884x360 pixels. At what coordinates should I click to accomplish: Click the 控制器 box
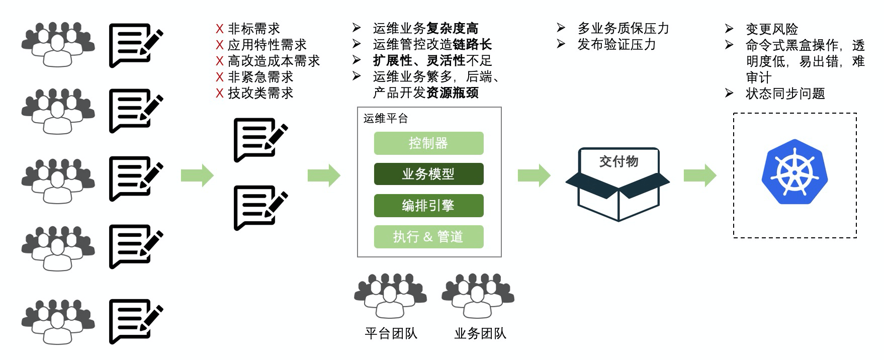coord(428,143)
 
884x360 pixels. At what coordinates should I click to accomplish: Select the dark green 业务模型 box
coord(428,174)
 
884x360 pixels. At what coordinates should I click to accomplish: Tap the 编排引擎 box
coord(428,206)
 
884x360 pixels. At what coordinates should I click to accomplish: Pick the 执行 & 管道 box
coord(428,237)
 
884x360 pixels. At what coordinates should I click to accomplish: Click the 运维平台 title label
coord(386,119)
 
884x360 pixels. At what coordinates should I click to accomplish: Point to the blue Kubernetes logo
coord(794,172)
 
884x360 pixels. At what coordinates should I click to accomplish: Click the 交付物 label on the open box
coord(618,161)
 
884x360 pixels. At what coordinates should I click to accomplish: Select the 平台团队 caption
coord(391,333)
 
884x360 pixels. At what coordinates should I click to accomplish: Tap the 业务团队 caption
coord(480,333)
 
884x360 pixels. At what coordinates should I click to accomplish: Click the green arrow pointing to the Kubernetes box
coord(700,175)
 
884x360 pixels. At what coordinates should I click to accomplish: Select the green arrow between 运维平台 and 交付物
coord(534,175)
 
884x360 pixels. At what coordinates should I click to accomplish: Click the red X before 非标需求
coord(220,29)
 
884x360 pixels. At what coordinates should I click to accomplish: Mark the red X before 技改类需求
coord(220,94)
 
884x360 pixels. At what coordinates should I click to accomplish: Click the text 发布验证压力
coord(616,45)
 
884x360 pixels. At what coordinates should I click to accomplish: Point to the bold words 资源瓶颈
coord(453,93)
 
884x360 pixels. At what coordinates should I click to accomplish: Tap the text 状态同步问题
coord(785,94)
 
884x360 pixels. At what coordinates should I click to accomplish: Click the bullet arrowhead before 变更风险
coord(729,29)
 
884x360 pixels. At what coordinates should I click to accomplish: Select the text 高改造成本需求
coord(274,61)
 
